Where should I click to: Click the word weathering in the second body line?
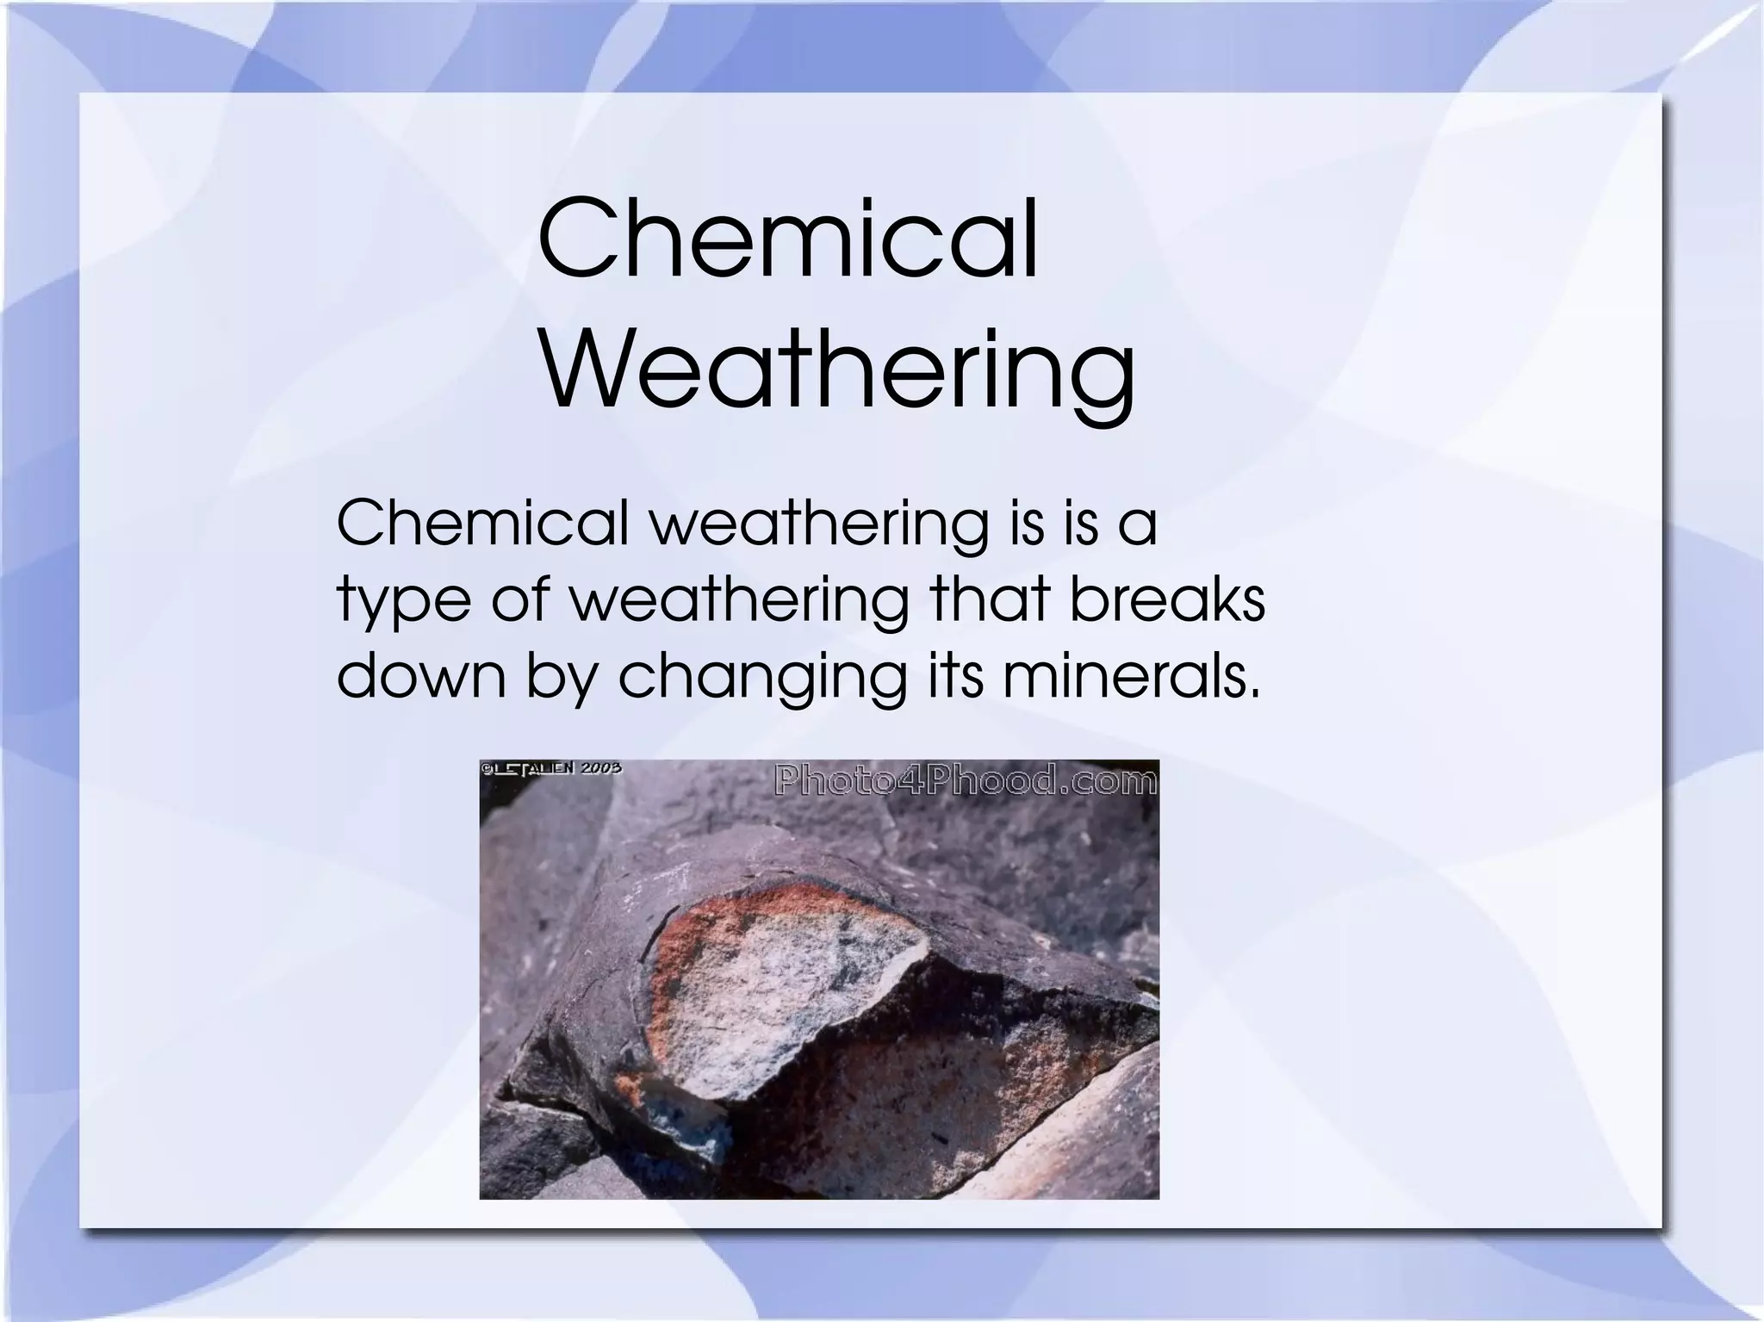point(740,601)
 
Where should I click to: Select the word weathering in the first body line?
point(818,524)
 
